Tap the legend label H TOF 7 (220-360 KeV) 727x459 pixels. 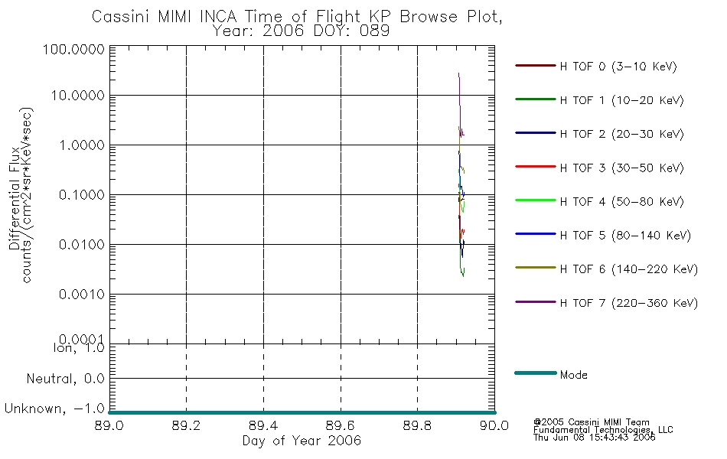coord(628,304)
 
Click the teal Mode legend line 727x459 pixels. coord(535,373)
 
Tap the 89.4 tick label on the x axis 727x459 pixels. coord(263,426)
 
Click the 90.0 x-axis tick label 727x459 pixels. coord(494,426)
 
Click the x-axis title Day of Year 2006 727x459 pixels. coord(302,441)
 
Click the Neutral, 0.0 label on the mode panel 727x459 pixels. coord(66,379)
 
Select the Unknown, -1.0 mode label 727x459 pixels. coord(54,409)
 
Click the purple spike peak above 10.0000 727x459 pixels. coord(458,74)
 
